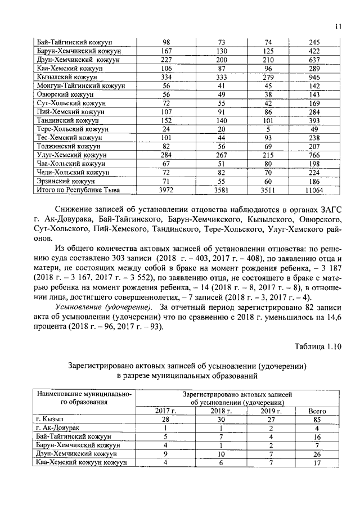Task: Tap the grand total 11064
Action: click(x=314, y=191)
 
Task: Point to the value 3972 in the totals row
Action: click(x=166, y=191)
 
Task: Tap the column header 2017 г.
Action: click(x=166, y=411)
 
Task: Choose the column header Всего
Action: click(x=318, y=411)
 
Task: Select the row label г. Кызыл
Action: click(x=49, y=420)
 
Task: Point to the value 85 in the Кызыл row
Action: click(x=318, y=420)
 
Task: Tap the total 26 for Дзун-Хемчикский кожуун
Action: click(x=318, y=454)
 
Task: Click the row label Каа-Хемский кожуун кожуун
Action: click(x=81, y=462)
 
